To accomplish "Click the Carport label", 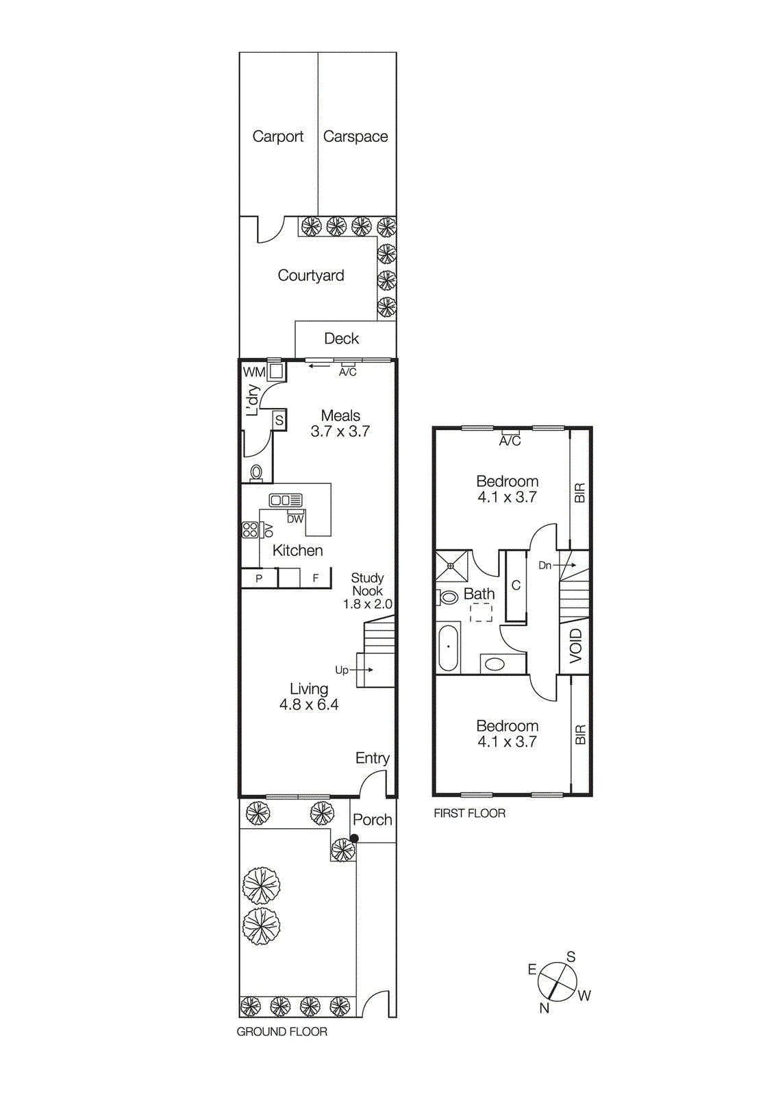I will [277, 136].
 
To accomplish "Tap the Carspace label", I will [355, 136].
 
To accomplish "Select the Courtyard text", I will [310, 276].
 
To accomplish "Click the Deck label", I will [341, 339].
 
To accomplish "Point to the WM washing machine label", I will [253, 372].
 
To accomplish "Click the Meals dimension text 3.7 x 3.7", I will [340, 432].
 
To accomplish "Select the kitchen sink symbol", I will [285, 501].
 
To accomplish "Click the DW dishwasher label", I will [295, 519].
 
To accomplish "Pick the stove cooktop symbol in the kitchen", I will [250, 529].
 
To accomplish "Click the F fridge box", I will [315, 578].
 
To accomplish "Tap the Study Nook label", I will [367, 584].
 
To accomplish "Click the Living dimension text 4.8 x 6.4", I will [308, 705].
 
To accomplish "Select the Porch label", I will [372, 820].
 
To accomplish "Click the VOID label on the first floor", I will [575, 645].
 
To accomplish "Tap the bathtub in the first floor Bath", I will [448, 647].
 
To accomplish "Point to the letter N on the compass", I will [545, 1008].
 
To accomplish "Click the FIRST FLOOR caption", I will [469, 813].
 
